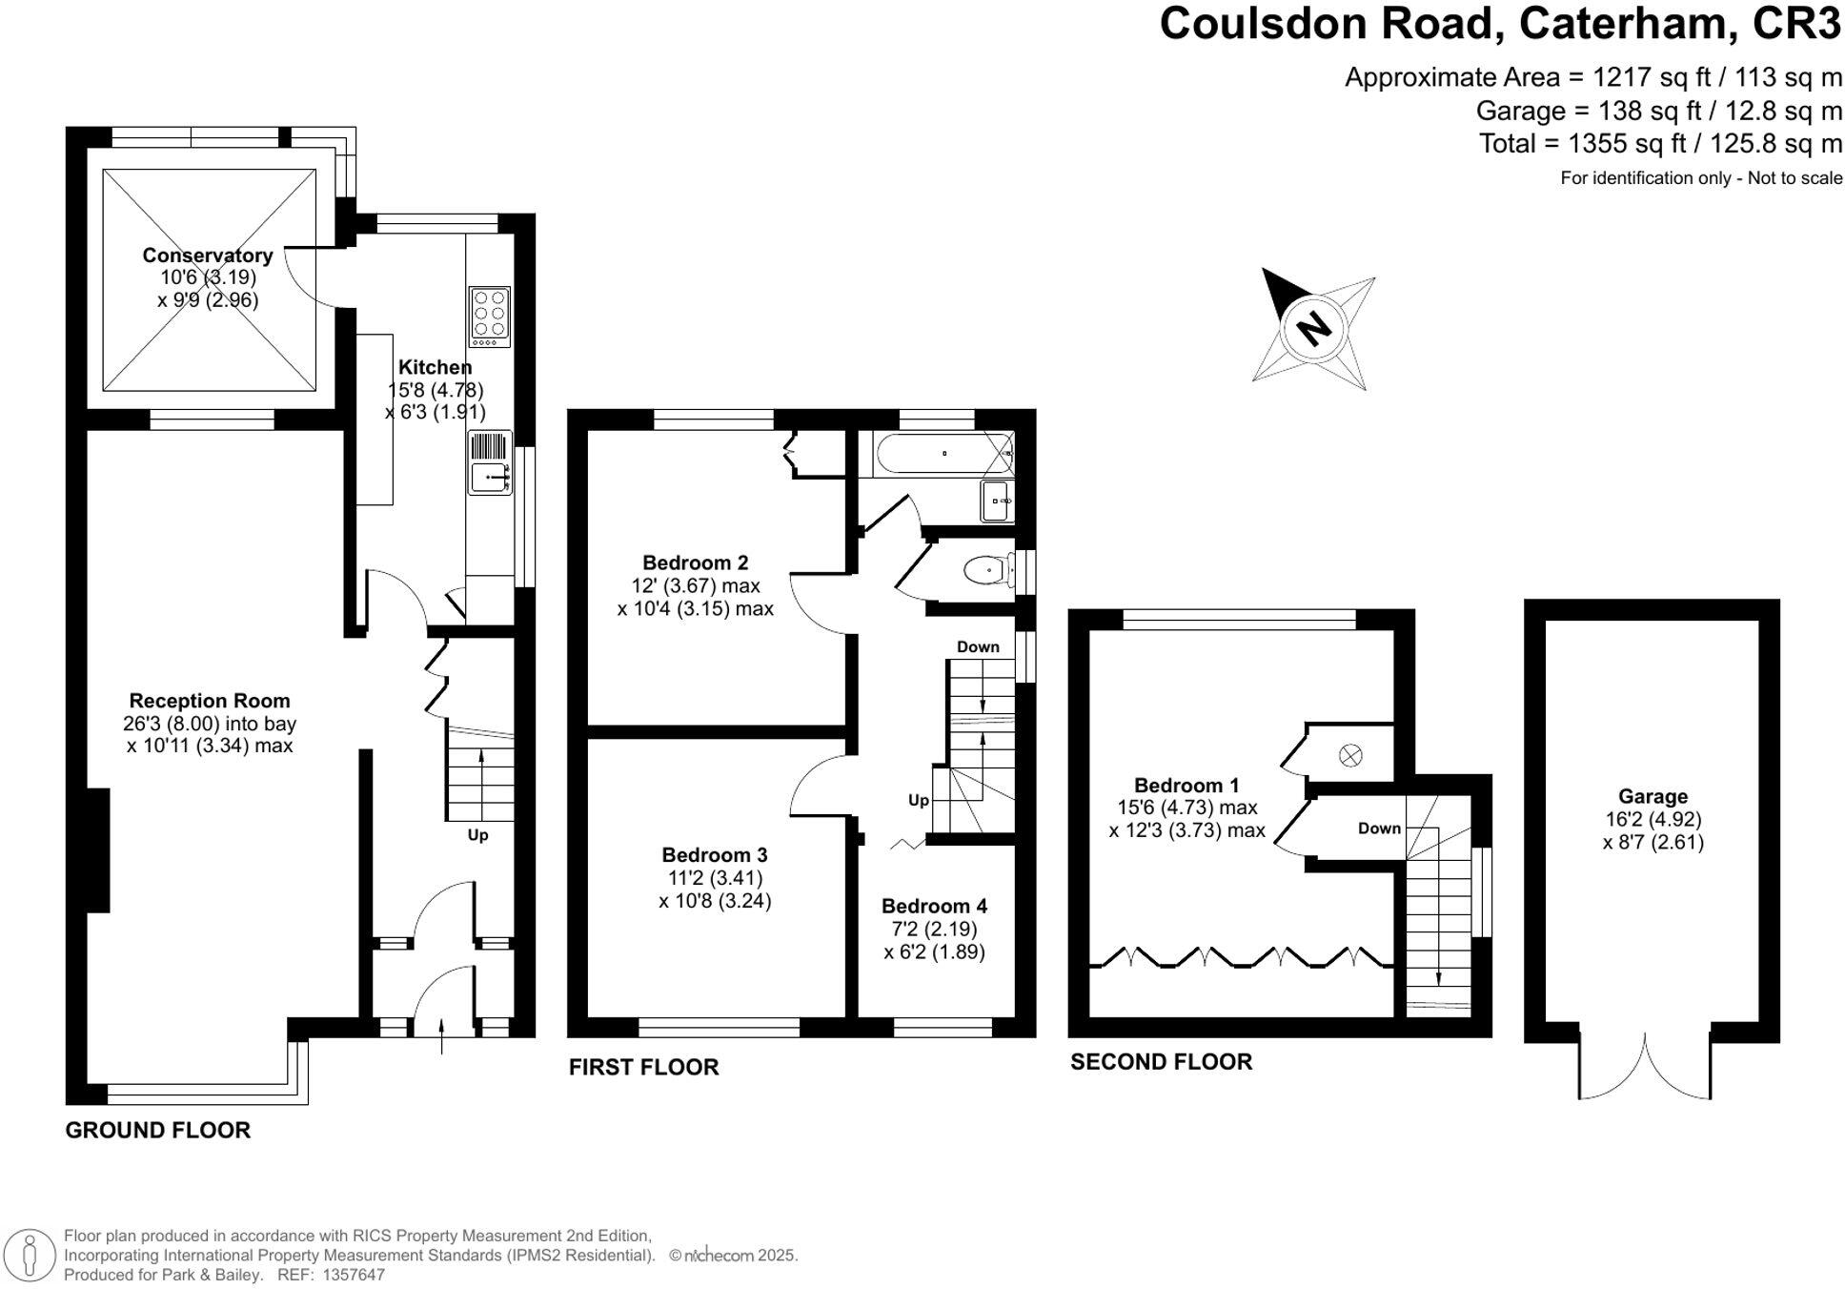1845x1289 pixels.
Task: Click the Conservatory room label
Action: click(x=208, y=255)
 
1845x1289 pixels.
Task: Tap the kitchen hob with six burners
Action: click(x=489, y=316)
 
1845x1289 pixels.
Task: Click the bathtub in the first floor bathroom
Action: click(x=944, y=454)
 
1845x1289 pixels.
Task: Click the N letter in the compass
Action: click(x=1314, y=329)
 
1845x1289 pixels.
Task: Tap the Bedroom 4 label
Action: click(x=934, y=906)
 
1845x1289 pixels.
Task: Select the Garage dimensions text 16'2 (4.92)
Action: click(x=1652, y=819)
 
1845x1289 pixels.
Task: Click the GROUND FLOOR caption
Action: click(x=157, y=1131)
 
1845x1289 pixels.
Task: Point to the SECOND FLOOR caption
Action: click(x=1160, y=1062)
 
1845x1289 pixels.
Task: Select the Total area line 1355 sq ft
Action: click(x=1659, y=144)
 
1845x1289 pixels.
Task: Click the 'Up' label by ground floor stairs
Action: click(x=477, y=835)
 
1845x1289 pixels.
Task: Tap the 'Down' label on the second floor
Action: click(x=1379, y=829)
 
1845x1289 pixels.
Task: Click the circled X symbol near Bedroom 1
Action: click(x=1350, y=756)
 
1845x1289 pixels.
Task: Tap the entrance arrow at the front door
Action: click(x=441, y=1036)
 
